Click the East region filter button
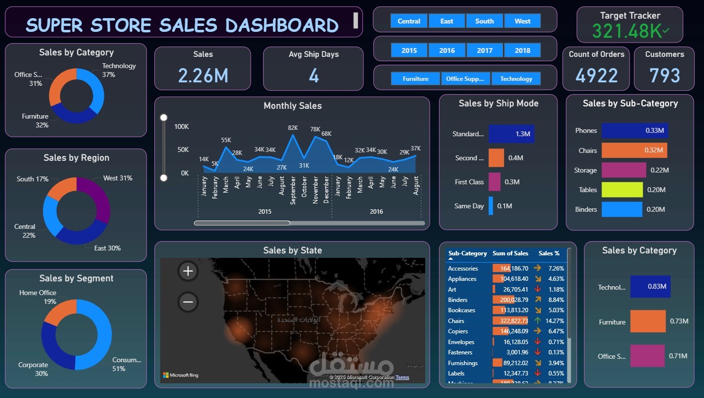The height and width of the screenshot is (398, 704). pyautogui.click(x=447, y=21)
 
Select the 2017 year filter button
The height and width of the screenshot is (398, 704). pyautogui.click(x=485, y=50)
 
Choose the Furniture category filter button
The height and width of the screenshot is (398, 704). pyautogui.click(x=415, y=79)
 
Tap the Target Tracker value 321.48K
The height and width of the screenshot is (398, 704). pyautogui.click(x=630, y=31)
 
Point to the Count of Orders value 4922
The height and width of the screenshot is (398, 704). pyautogui.click(x=596, y=75)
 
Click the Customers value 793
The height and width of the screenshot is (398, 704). pyautogui.click(x=665, y=75)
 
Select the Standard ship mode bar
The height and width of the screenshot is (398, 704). pyautogui.click(x=511, y=134)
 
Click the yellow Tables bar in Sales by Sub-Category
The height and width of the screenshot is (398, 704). pyautogui.click(x=622, y=190)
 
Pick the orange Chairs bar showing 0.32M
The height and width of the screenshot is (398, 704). pyautogui.click(x=634, y=150)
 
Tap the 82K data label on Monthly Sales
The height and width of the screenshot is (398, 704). pyautogui.click(x=293, y=128)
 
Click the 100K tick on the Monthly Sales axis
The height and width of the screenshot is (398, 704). pyautogui.click(x=181, y=127)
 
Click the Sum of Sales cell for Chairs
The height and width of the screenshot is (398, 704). pyautogui.click(x=510, y=321)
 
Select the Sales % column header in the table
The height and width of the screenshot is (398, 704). pyautogui.click(x=549, y=253)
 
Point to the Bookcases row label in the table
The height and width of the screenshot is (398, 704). pyautogui.click(x=461, y=310)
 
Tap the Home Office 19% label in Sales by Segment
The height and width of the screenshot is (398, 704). pyautogui.click(x=38, y=297)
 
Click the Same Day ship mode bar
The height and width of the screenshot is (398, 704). pyautogui.click(x=490, y=206)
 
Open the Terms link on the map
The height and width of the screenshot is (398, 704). pyautogui.click(x=402, y=377)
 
